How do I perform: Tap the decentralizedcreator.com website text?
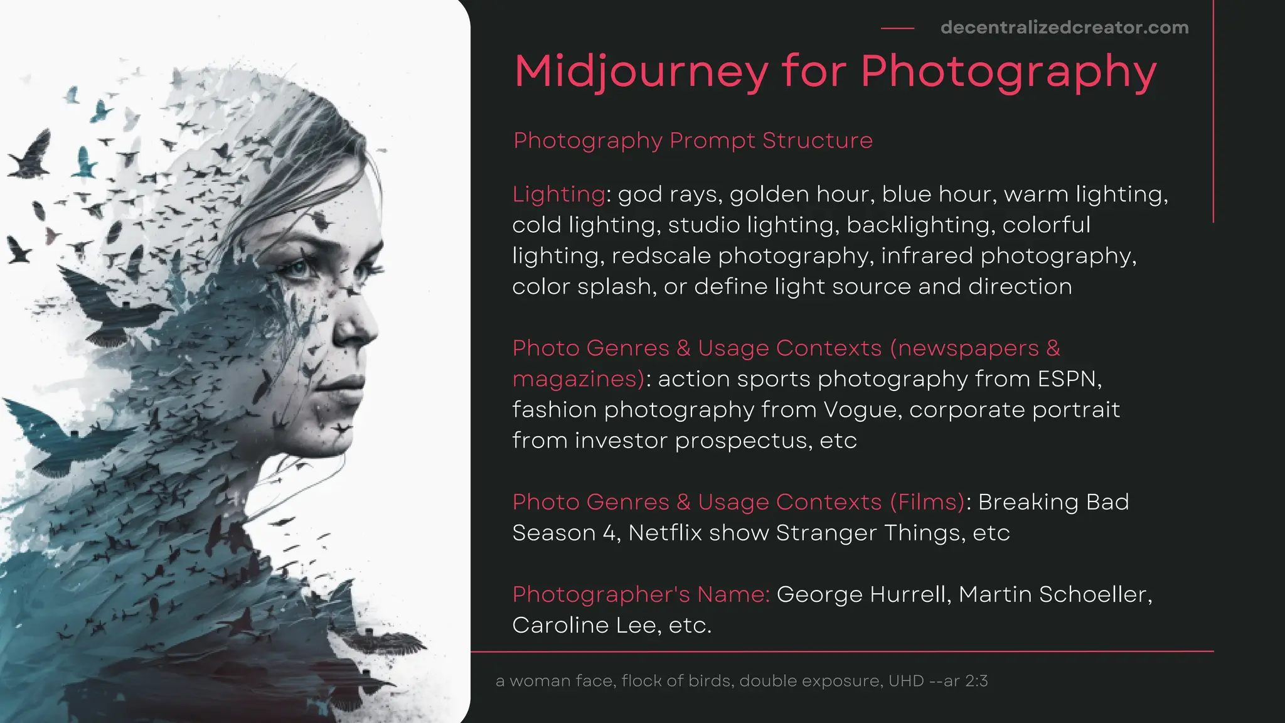[x=1064, y=28]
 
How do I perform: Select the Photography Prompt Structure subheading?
[x=693, y=141]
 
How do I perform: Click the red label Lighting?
[x=558, y=195]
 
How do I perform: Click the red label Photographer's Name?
[x=641, y=594]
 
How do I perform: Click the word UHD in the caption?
[x=906, y=681]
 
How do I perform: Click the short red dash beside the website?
[x=897, y=28]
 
